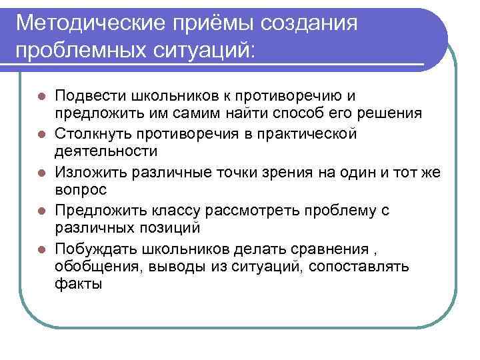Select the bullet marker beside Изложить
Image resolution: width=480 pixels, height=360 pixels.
(41, 173)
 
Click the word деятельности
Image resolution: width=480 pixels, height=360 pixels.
(106, 151)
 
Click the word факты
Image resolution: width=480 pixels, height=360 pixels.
(79, 285)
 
